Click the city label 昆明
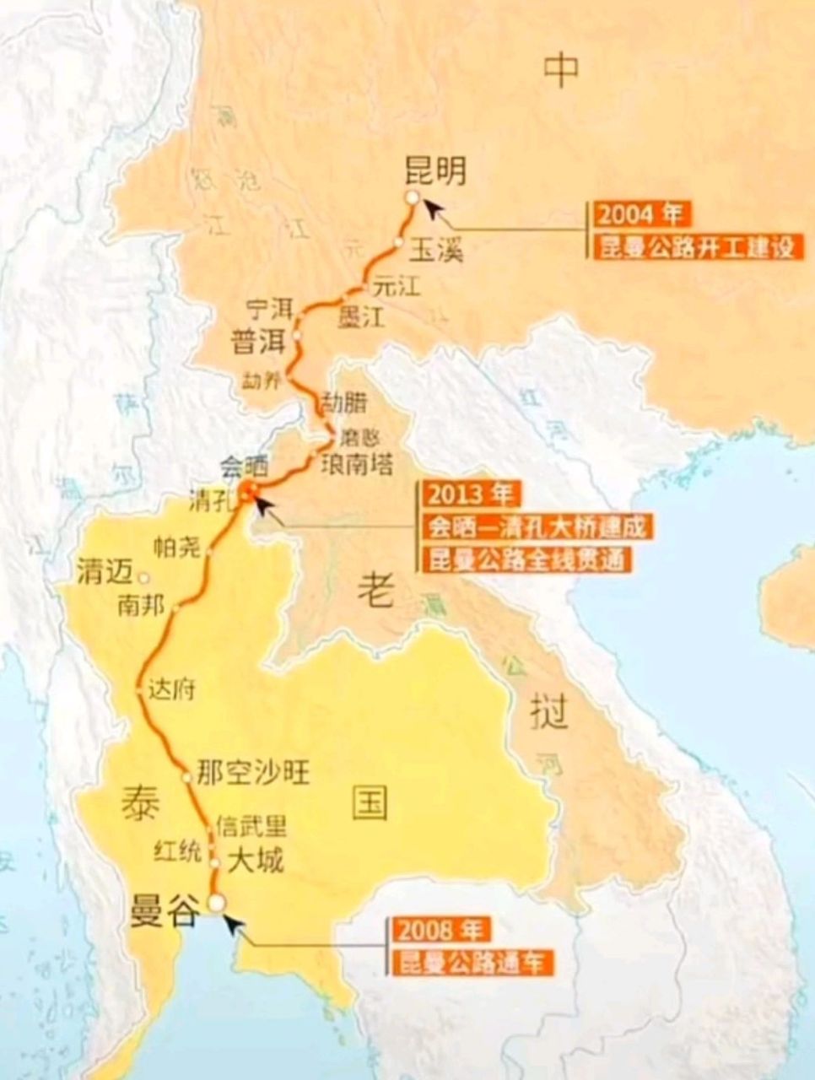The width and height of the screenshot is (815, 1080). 435,170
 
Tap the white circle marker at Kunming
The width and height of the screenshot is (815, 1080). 412,197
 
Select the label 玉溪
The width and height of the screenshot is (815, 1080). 436,251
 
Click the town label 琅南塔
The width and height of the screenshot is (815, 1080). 356,463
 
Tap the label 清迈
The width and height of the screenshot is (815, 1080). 105,573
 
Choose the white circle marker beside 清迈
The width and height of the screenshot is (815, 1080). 144,579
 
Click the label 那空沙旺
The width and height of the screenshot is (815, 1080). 252,772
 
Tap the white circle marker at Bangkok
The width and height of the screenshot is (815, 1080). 217,902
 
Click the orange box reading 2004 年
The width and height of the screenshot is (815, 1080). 639,214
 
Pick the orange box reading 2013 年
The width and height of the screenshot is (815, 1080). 473,494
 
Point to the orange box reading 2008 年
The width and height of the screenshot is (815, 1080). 438,931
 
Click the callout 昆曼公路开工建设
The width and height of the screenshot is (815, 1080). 696,248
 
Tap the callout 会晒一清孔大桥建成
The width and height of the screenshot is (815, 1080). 537,527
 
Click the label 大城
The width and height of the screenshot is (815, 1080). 255,861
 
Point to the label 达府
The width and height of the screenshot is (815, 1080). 171,689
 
